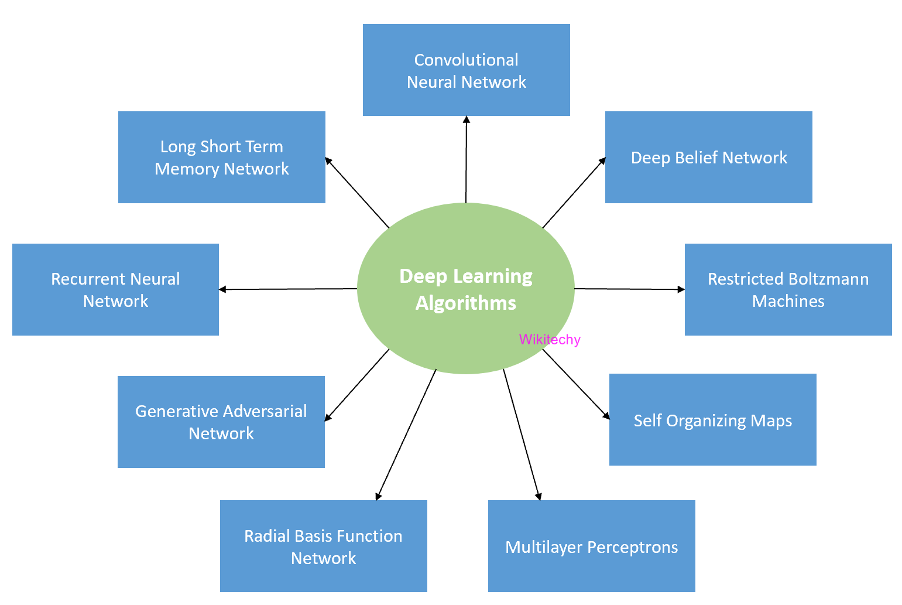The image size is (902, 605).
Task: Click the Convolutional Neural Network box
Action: pyautogui.click(x=466, y=70)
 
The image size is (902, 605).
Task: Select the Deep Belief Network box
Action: pyautogui.click(x=708, y=158)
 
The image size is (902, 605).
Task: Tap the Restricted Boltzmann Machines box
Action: pyautogui.click(x=788, y=290)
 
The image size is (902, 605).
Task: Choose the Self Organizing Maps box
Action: pyautogui.click(x=712, y=420)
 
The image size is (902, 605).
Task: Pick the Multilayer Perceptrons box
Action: pyautogui.click(x=591, y=546)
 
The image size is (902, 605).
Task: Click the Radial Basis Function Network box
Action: pyautogui.click(x=323, y=546)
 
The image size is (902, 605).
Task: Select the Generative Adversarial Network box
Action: pyautogui.click(x=221, y=422)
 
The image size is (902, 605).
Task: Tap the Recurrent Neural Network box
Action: pyautogui.click(x=115, y=290)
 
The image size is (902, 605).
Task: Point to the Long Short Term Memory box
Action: pyautogui.click(x=221, y=158)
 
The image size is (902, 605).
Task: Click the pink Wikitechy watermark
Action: pyautogui.click(x=550, y=340)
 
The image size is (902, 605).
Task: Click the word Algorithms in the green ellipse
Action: pyautogui.click(x=466, y=303)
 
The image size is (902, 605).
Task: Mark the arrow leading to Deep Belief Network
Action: pyautogui.click(x=574, y=193)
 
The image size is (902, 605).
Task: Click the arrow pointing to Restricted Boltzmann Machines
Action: pyautogui.click(x=629, y=289)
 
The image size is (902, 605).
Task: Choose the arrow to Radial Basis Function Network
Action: pyautogui.click(x=406, y=435)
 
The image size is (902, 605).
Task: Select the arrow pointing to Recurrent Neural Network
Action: pyautogui.click(x=287, y=289)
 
